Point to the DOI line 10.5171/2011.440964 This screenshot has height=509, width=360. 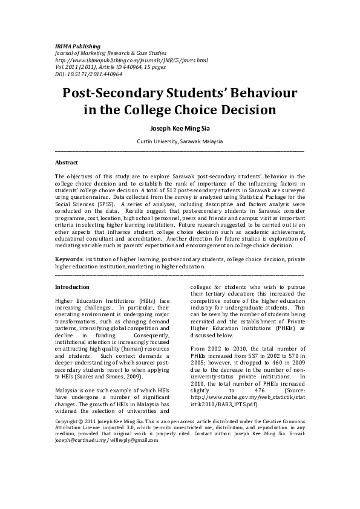tap(88, 74)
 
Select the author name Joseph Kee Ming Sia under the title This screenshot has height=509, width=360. tap(180, 128)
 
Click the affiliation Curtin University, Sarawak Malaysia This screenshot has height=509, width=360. tap(180, 141)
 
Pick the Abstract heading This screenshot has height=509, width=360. tap(67, 163)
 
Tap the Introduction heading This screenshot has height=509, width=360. tap(72, 287)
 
